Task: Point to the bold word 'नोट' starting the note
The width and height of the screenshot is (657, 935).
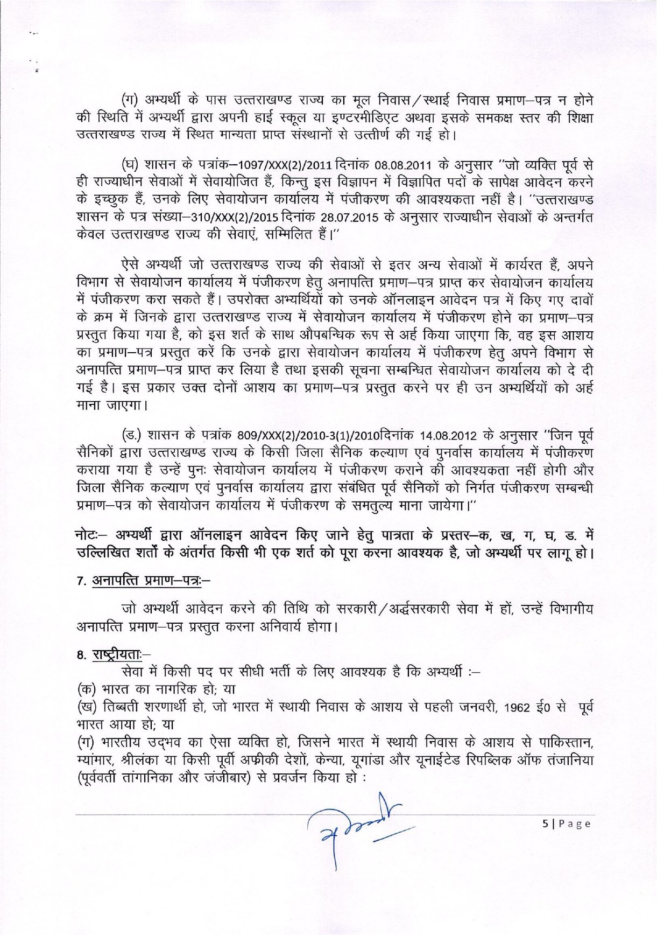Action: click(x=88, y=536)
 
